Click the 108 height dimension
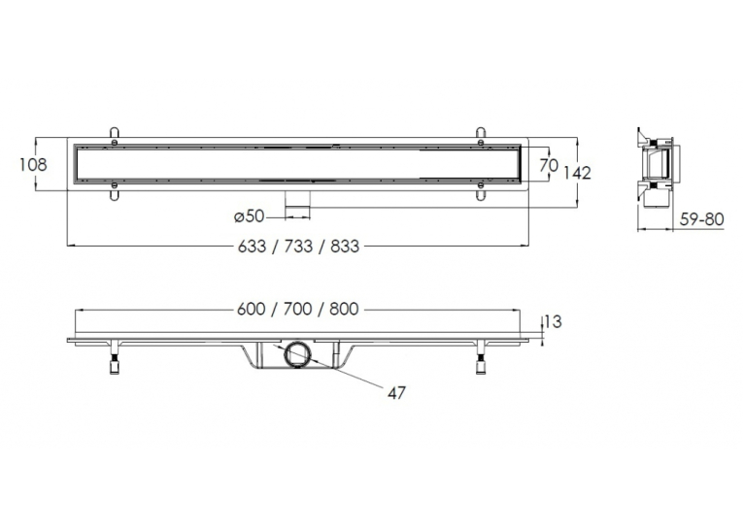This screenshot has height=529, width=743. [x=33, y=164]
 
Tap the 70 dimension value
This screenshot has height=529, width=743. [x=549, y=165]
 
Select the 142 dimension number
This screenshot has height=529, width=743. [x=577, y=173]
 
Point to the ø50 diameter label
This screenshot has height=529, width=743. [x=250, y=215]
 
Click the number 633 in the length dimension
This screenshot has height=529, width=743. [x=252, y=247]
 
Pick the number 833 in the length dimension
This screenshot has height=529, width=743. [x=345, y=247]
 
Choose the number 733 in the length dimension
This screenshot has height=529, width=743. [x=298, y=247]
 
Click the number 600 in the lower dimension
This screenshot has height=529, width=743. [x=252, y=310]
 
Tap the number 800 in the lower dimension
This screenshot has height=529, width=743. [x=345, y=310]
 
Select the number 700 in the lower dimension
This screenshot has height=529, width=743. [x=298, y=310]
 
